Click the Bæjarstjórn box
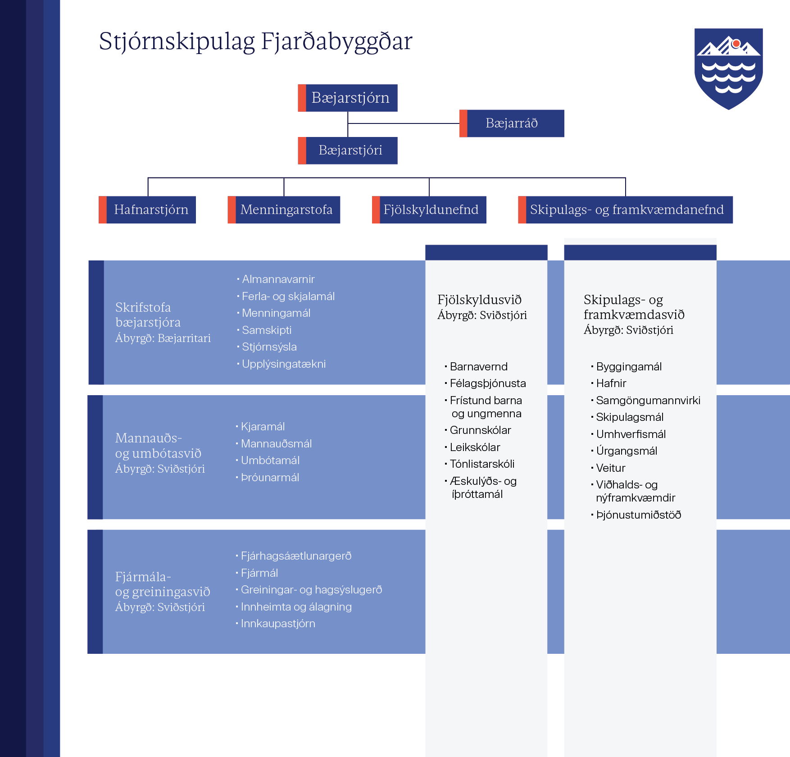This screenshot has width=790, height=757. point(348,98)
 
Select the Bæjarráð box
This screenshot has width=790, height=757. point(512,123)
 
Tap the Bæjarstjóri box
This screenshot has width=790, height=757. point(348,150)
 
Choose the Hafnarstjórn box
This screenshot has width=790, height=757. point(147,210)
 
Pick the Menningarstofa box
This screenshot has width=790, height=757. point(284,210)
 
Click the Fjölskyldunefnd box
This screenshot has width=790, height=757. point(429,210)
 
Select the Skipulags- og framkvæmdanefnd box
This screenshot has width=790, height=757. point(625,210)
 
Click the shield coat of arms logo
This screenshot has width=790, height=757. point(729,68)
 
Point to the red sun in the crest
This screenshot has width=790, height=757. point(736,44)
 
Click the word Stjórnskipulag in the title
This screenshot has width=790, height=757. point(177,42)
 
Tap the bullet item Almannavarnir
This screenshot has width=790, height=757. point(278,279)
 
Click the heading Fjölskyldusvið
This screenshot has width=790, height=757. point(480,300)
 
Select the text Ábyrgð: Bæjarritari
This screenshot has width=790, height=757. point(163,338)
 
